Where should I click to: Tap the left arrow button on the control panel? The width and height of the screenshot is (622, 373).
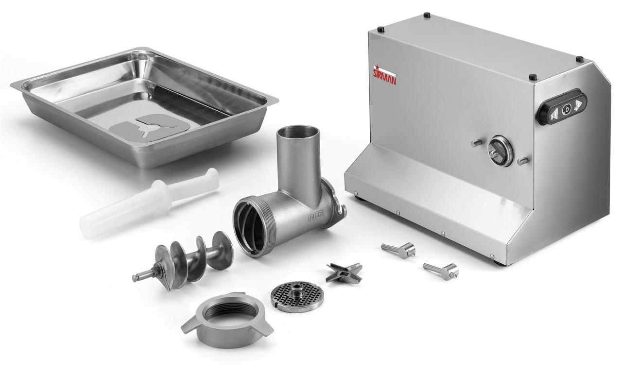pyautogui.click(x=553, y=113)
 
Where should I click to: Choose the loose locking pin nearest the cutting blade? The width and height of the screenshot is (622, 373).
pyautogui.click(x=398, y=250)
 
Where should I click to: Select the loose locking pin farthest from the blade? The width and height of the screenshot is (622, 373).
pyautogui.click(x=440, y=270)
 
